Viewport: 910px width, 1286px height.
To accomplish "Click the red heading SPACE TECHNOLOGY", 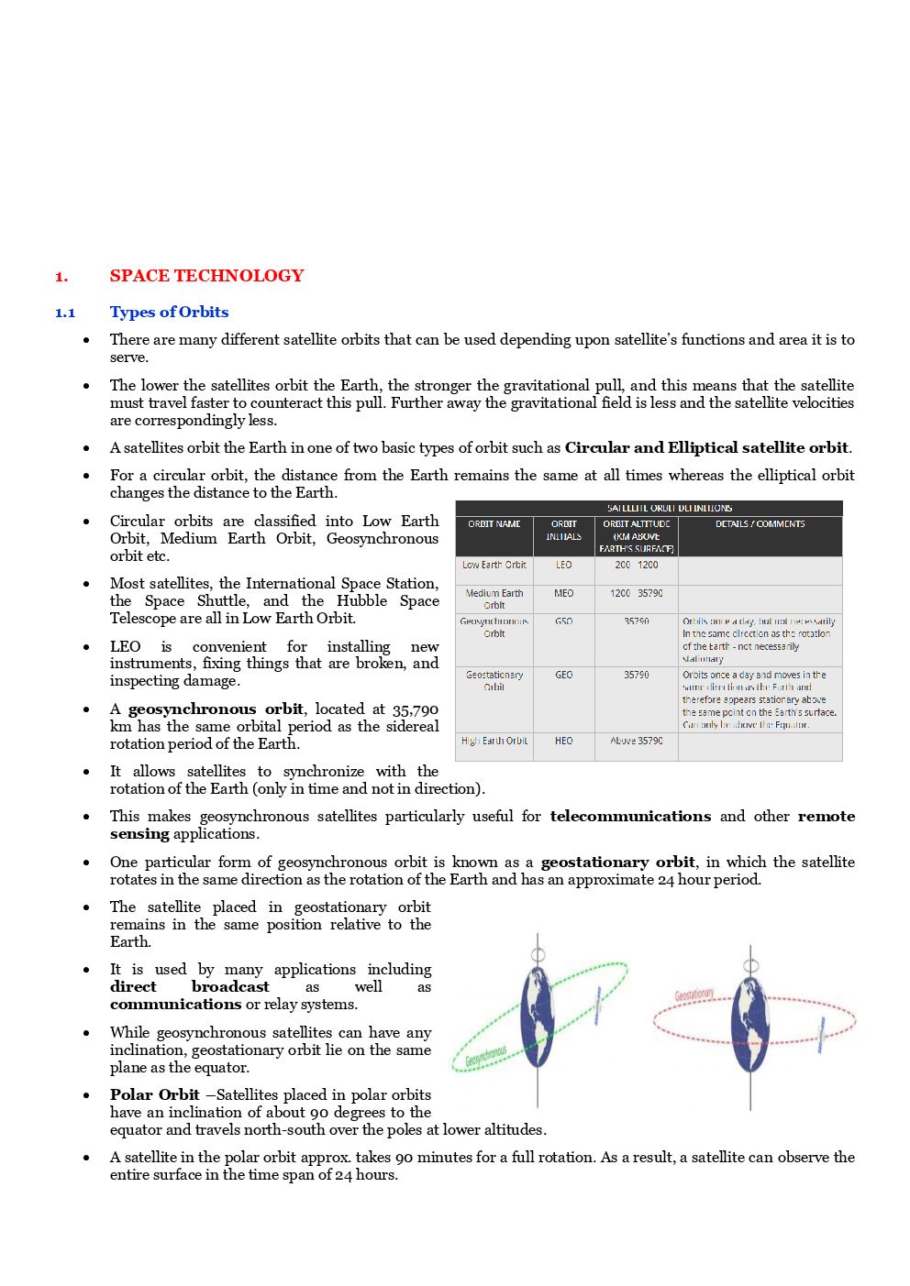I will tap(206, 276).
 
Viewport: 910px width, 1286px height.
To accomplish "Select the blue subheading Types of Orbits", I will tap(169, 313).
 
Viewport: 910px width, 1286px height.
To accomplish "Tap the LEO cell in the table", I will tap(563, 566).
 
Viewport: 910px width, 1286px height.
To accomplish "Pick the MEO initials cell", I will tap(563, 594).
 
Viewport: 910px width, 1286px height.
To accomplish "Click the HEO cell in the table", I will tap(563, 741).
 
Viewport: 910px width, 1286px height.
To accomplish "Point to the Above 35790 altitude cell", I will tap(636, 741).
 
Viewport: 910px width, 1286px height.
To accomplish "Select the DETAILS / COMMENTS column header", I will tap(760, 524).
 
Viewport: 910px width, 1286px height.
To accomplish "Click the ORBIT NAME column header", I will tap(494, 524).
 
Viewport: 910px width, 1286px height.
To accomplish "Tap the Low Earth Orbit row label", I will tap(494, 566).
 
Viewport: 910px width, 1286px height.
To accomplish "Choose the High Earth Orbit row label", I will tap(494, 741).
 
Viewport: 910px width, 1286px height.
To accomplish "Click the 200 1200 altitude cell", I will tap(636, 566).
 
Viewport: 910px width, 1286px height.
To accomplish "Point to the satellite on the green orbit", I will tap(598, 1004).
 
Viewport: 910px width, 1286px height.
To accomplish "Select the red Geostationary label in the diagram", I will tap(694, 995).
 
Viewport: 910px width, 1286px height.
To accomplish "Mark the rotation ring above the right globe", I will tap(750, 965).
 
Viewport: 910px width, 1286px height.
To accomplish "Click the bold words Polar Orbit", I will tap(154, 1094).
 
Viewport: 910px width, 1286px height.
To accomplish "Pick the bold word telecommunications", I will tap(629, 816).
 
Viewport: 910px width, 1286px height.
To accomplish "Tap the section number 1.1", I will tap(65, 313).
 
